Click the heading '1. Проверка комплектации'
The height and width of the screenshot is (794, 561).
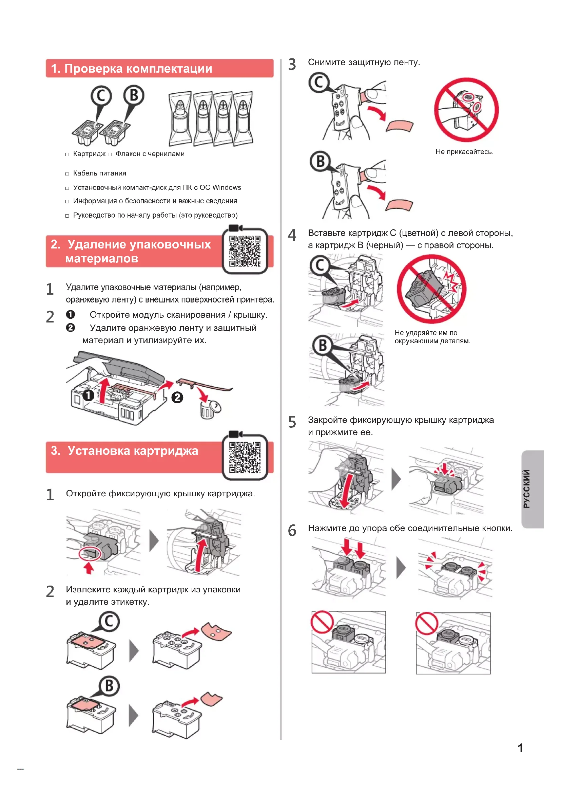[131, 69]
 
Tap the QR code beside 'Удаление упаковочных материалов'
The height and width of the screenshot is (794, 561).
[245, 251]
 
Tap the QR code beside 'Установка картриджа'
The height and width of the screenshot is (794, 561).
[245, 457]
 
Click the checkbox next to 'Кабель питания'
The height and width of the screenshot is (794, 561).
[67, 173]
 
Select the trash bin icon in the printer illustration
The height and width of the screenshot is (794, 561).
[209, 409]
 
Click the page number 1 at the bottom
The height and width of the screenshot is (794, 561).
[520, 748]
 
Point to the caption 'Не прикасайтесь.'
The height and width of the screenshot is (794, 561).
[464, 152]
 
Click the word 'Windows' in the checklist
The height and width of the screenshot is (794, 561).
[226, 187]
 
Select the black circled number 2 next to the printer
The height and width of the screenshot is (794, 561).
[177, 398]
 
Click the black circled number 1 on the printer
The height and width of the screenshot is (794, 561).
[88, 395]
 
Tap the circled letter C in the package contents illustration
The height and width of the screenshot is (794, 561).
[101, 96]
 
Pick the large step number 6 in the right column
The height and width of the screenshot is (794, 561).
[292, 530]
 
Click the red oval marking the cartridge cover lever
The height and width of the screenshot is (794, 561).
[90, 553]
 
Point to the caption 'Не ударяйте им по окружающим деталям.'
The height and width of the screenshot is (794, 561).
[432, 336]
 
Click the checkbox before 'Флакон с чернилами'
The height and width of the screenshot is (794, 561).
[110, 154]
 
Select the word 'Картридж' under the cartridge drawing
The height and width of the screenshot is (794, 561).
[89, 154]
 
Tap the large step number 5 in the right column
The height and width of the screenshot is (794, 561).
[292, 422]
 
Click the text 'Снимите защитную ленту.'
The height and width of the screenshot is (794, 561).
[364, 62]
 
